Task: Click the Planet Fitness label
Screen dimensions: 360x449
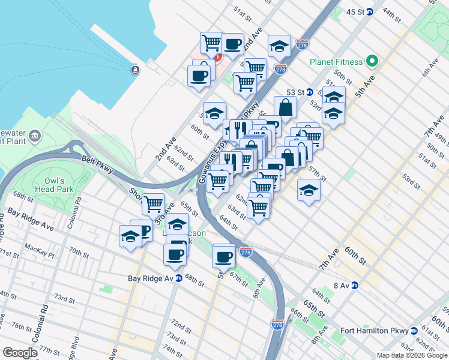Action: [336, 62]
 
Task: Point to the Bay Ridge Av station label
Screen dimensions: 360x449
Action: [151, 278]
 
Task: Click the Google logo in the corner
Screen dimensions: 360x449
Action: [20, 353]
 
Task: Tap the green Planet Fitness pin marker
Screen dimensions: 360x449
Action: [372, 61]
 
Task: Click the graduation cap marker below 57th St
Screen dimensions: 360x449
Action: [309, 190]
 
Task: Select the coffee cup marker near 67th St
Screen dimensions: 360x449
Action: [224, 257]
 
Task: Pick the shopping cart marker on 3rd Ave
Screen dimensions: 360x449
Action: [154, 204]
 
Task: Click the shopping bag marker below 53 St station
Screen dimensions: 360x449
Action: [286, 107]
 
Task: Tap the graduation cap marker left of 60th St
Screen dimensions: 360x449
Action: [214, 113]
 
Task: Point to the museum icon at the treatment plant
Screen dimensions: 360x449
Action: [35, 136]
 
